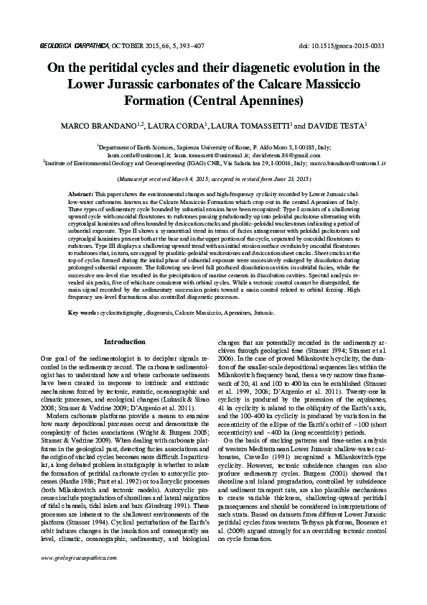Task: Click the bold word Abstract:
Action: pos(80,195)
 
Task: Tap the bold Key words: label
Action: pos(84,313)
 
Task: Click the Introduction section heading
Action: pos(126,342)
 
